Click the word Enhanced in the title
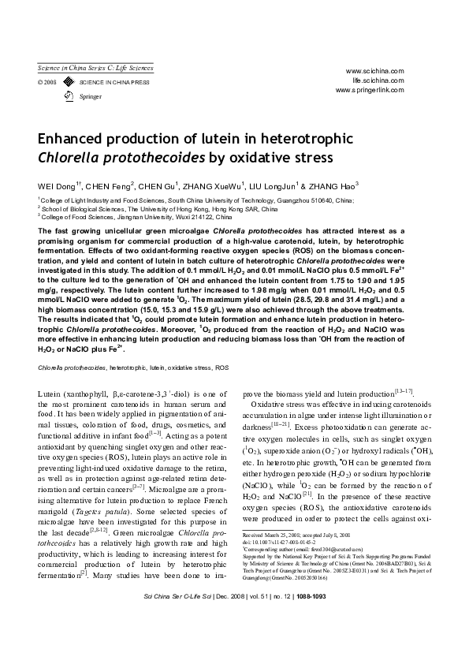(73, 138)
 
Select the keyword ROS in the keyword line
(222, 368)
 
